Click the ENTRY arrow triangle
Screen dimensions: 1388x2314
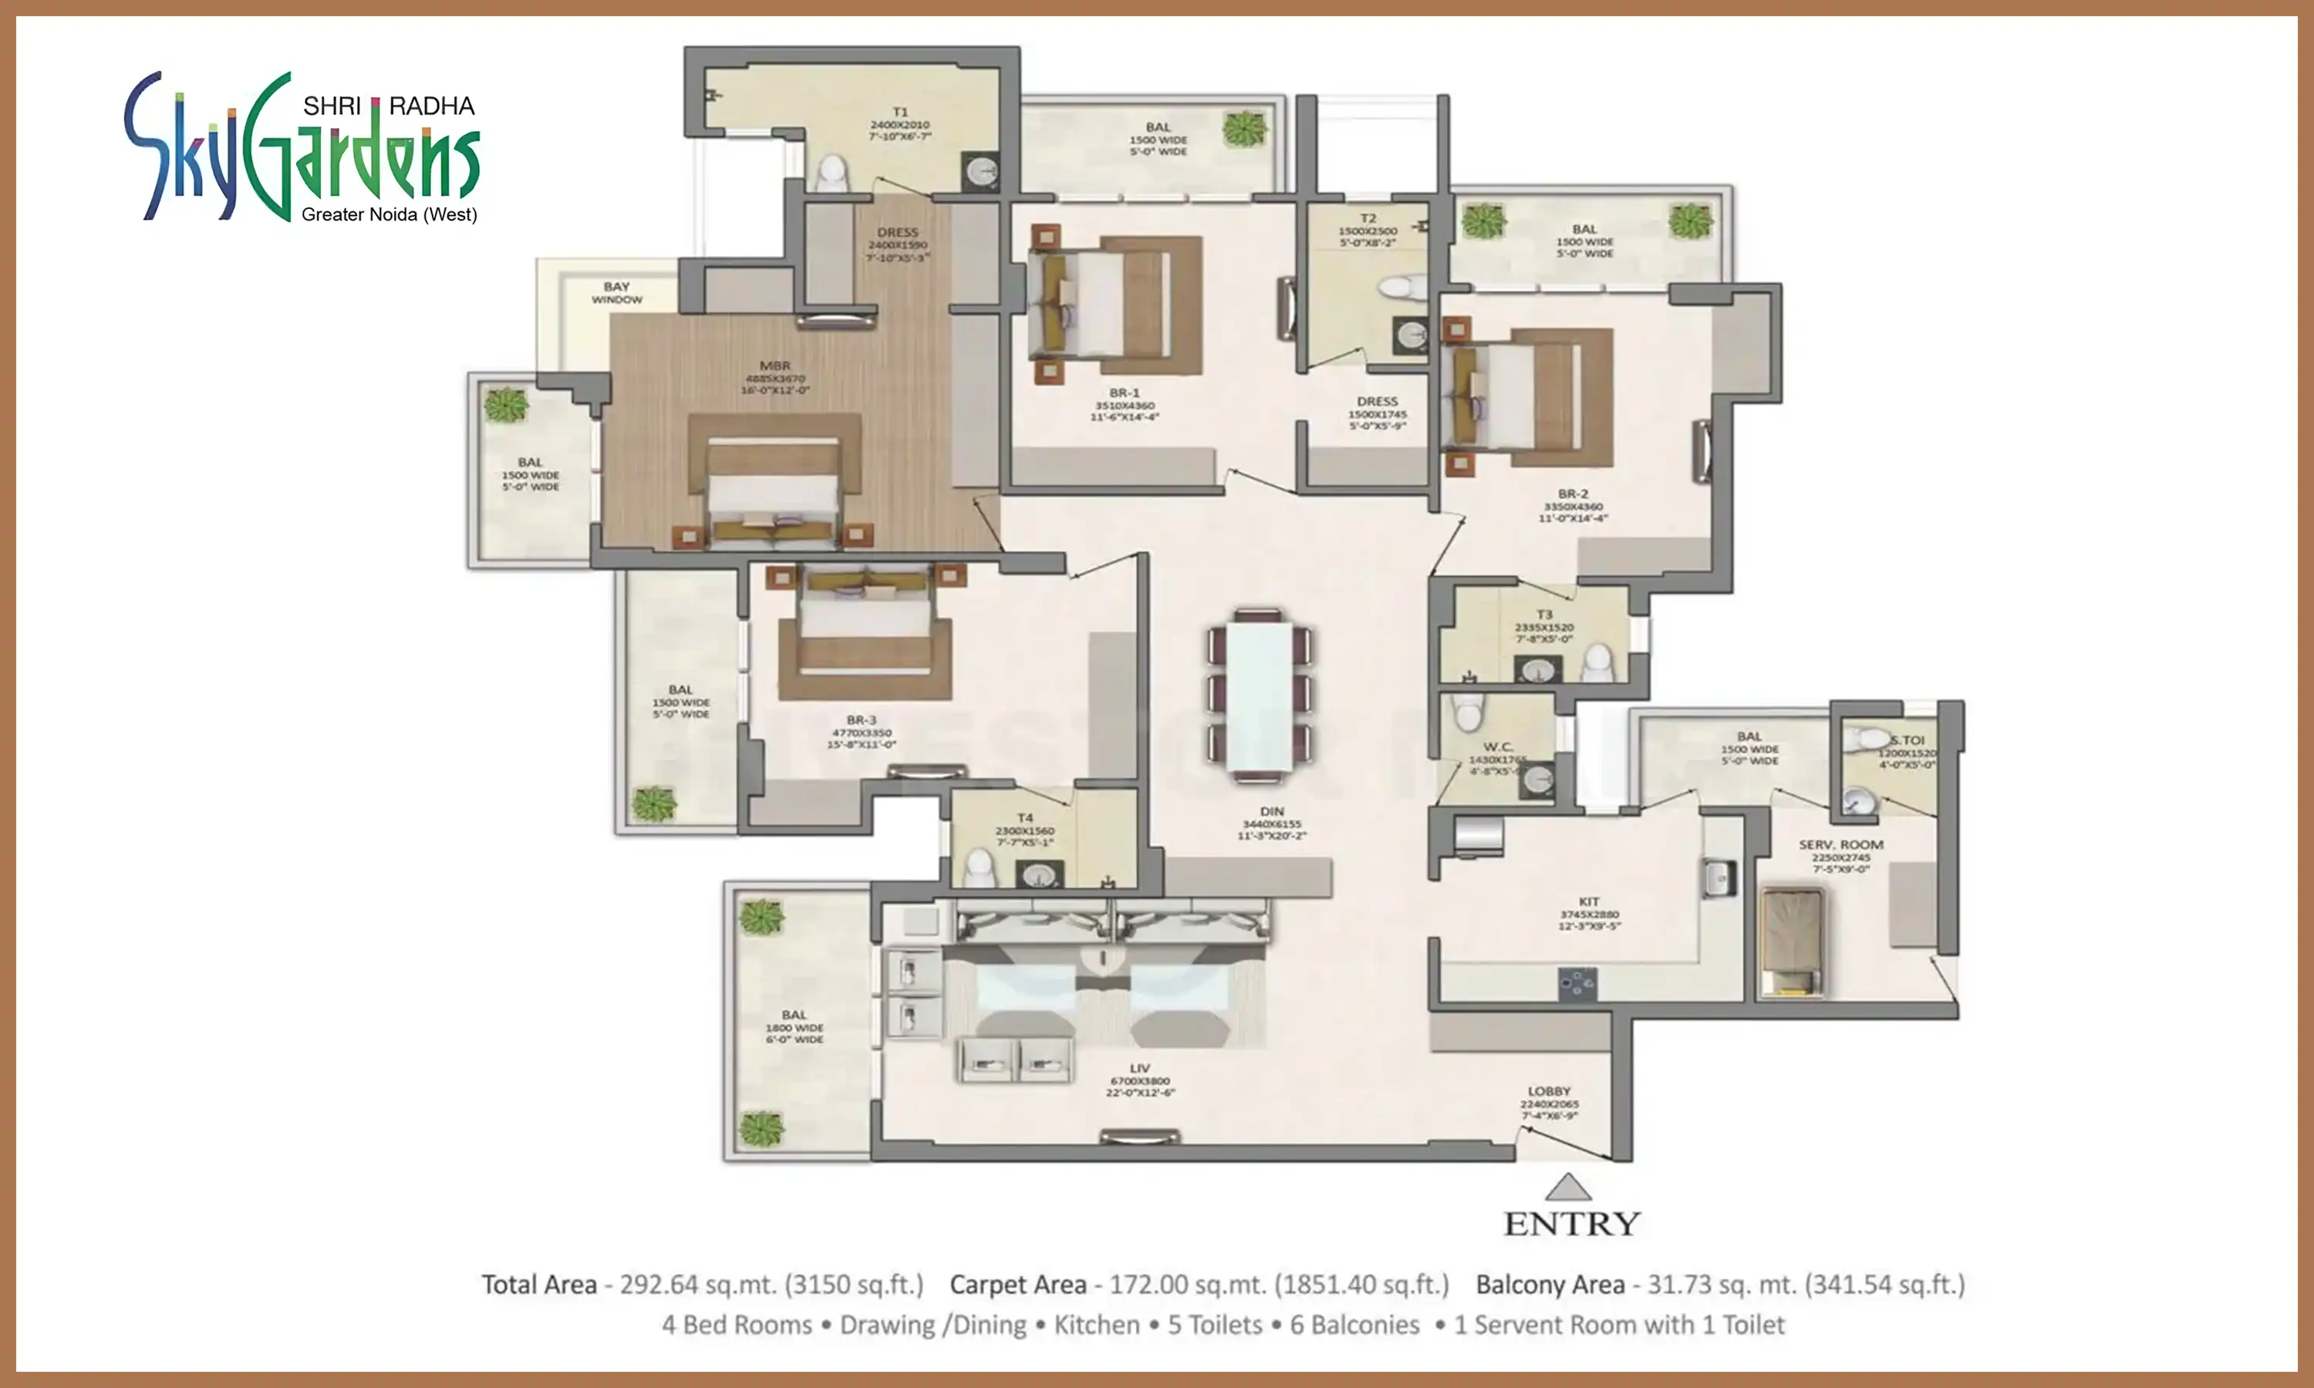coord(1569,1188)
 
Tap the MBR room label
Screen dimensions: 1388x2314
coord(774,366)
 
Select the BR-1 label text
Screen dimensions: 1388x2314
coord(1125,392)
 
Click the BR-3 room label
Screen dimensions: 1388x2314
coord(862,720)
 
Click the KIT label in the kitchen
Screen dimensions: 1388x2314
coord(1589,901)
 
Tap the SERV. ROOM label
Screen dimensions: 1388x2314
coord(1840,844)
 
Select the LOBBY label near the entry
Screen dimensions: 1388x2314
coord(1549,1091)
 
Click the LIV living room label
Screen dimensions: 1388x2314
coord(1139,1068)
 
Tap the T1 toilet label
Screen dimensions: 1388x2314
coord(900,113)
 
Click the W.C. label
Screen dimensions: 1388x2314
coord(1497,746)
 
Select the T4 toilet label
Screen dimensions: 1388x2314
coord(1025,817)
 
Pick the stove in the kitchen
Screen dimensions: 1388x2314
coord(1577,983)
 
